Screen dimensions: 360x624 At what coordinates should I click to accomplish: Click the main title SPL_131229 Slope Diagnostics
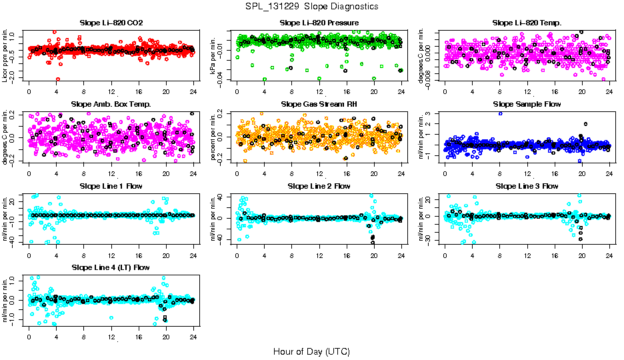pyautogui.click(x=311, y=6)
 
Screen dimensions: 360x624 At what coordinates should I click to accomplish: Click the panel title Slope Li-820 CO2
pyautogui.click(x=111, y=23)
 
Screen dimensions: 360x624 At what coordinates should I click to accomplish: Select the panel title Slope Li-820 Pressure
pyautogui.click(x=319, y=23)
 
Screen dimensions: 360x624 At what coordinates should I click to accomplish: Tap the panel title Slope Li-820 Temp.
pyautogui.click(x=527, y=23)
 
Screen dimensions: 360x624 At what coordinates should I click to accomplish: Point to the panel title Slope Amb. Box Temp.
pyautogui.click(x=111, y=105)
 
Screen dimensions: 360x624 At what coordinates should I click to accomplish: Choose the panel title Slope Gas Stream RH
pyautogui.click(x=319, y=105)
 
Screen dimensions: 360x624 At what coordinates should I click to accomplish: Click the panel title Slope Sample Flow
pyautogui.click(x=527, y=105)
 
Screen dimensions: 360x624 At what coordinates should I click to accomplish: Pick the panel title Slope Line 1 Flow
pyautogui.click(x=111, y=186)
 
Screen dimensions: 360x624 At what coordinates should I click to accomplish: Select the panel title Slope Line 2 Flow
pyautogui.click(x=319, y=186)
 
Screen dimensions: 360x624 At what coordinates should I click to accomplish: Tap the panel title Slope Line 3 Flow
pyautogui.click(x=527, y=186)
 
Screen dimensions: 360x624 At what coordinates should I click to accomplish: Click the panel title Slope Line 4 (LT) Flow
pyautogui.click(x=111, y=268)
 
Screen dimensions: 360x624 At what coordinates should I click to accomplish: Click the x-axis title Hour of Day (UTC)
pyautogui.click(x=311, y=351)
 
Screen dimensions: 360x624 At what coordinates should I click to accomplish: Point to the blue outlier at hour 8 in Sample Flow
pyautogui.click(x=500, y=113)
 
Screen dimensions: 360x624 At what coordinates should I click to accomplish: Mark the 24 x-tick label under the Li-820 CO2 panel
pyautogui.click(x=193, y=91)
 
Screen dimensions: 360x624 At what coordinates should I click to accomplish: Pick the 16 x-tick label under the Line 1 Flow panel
pyautogui.click(x=139, y=255)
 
